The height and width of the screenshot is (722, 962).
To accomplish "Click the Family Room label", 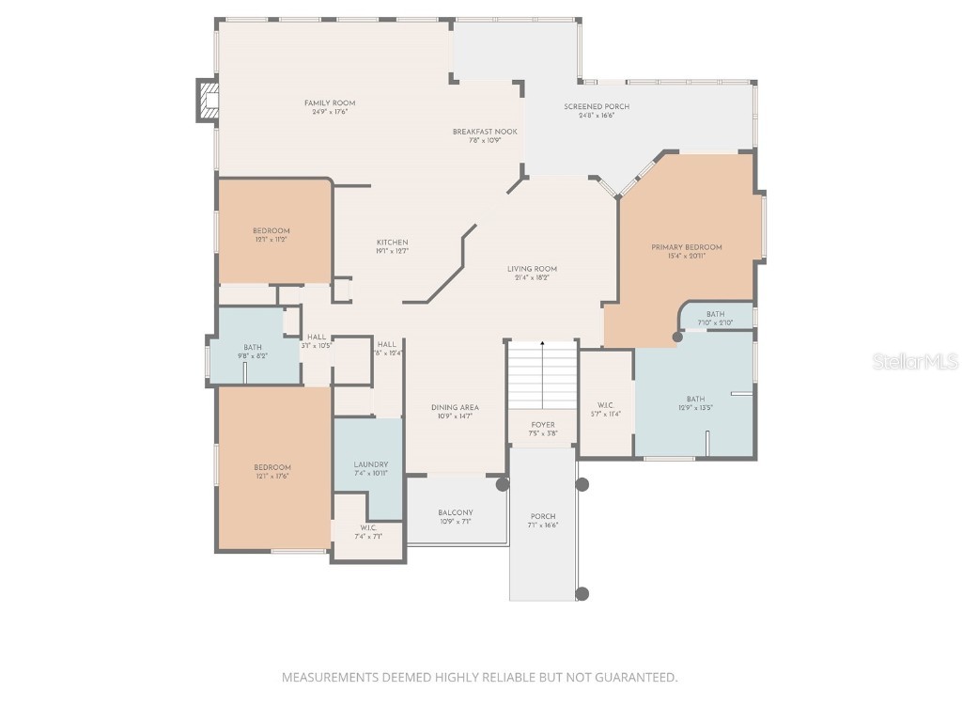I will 329,103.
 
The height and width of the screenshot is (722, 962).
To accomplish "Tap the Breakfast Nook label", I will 485,132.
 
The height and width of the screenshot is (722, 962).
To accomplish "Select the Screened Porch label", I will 597,107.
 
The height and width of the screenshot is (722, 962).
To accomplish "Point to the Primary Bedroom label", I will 687,247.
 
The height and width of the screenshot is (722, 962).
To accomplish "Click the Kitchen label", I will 392,243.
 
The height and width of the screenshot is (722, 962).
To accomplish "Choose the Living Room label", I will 532,269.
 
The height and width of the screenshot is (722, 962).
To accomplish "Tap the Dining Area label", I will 455,408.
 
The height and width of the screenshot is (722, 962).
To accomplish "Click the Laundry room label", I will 371,464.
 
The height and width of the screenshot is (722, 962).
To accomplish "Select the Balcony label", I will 455,513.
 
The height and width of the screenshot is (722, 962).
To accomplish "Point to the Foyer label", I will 543,425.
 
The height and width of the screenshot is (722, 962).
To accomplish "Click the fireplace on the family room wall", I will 207,101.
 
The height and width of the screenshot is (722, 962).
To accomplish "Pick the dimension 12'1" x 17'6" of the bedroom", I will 272,477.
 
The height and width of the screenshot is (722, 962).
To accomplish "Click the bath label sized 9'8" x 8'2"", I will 253,348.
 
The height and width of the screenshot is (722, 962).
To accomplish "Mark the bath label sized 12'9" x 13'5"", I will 695,399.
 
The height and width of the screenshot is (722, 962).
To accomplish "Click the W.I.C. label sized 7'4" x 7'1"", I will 368,528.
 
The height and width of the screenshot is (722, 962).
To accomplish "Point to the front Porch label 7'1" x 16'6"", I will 543,516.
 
